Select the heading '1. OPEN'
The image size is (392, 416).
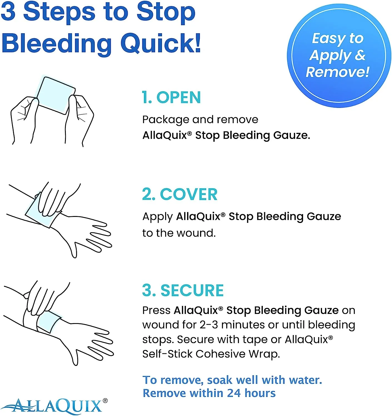pyautogui.click(x=171, y=98)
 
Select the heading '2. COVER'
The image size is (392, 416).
pyautogui.click(x=179, y=194)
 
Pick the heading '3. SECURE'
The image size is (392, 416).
pyautogui.click(x=183, y=290)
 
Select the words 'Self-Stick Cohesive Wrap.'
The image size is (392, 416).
pyautogui.click(x=211, y=354)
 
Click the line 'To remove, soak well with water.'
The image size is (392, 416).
pyautogui.click(x=232, y=380)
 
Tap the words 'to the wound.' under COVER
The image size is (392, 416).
pyautogui.click(x=179, y=233)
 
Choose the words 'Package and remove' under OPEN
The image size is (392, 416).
pyautogui.click(x=200, y=120)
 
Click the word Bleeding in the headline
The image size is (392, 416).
pyautogui.click(x=57, y=44)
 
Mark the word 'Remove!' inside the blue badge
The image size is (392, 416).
pyautogui.click(x=338, y=72)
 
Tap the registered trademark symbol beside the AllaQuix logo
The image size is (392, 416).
pyautogui.click(x=105, y=400)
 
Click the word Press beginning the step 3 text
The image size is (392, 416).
pyautogui.click(x=156, y=310)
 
